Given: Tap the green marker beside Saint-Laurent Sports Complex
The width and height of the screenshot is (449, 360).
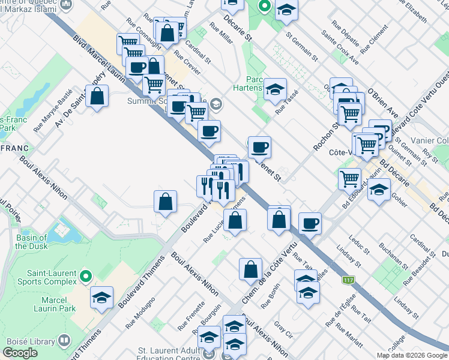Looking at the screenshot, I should coord(85,277).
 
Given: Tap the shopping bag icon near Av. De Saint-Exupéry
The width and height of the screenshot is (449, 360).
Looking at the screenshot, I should coord(97,97).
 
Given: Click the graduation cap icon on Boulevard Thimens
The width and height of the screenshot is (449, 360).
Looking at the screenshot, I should coord(102,298).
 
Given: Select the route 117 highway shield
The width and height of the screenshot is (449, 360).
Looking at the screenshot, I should coord(348,280).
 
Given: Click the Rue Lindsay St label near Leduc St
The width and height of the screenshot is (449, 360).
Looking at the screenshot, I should coord(349,256).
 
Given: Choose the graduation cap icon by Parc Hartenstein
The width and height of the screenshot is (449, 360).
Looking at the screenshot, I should coord(276,89).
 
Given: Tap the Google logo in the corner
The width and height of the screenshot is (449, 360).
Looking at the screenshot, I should coord(20,353).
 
